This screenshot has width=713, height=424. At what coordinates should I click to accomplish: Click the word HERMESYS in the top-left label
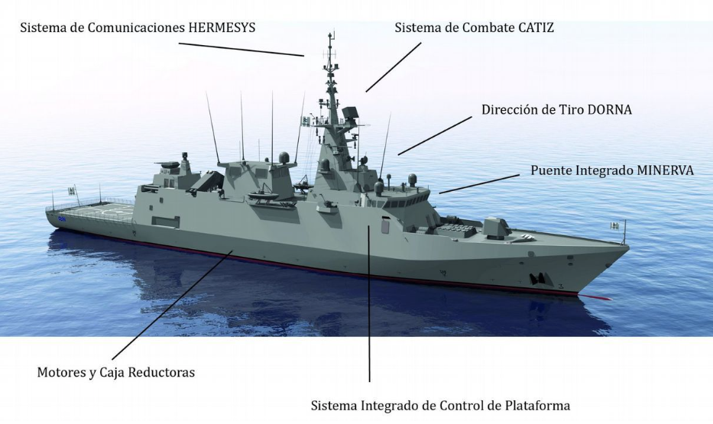pyautogui.click(x=221, y=28)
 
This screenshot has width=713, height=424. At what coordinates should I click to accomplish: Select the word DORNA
pyautogui.click(x=609, y=109)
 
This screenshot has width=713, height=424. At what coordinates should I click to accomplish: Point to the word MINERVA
pyautogui.click(x=665, y=170)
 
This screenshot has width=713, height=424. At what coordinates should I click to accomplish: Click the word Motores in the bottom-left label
pyautogui.click(x=60, y=373)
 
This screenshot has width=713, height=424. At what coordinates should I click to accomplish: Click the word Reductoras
pyautogui.click(x=162, y=373)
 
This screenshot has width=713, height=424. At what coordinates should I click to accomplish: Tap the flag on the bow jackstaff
pyautogui.click(x=614, y=225)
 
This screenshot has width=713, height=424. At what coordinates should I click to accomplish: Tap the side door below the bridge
pyautogui.click(x=385, y=226)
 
